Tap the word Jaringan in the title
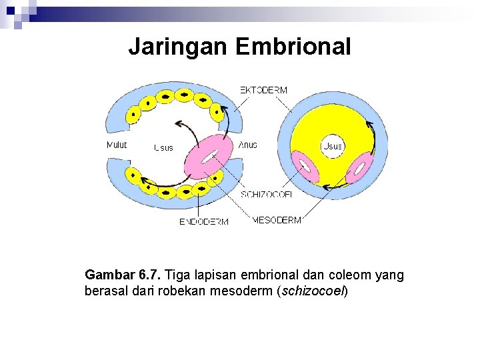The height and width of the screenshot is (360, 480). pyautogui.click(x=178, y=47)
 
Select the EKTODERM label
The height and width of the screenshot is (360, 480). pyautogui.click(x=263, y=91)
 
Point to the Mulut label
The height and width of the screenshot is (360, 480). pyautogui.click(x=117, y=145)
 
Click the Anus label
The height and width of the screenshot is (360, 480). pyautogui.click(x=247, y=145)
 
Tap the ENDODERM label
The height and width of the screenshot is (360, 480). pyautogui.click(x=203, y=221)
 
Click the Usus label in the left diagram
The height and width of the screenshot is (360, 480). pyautogui.click(x=163, y=147)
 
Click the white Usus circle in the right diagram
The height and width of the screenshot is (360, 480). pyautogui.click(x=332, y=145)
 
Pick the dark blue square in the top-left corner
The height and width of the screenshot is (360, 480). pyautogui.click(x=11, y=11)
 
